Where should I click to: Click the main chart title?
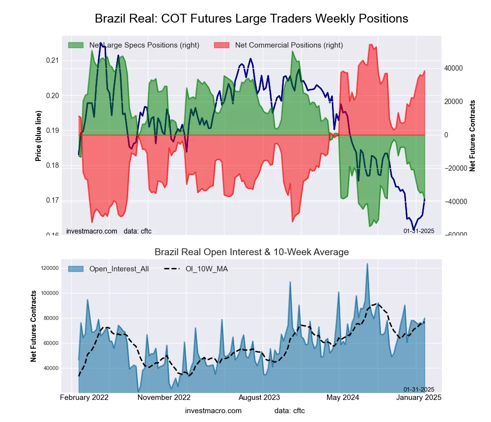[x=251, y=19]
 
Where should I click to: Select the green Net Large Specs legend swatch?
[x=76, y=45]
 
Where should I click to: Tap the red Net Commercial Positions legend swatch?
[x=221, y=45]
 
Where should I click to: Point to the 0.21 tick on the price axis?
[x=52, y=60]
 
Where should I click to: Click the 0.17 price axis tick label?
[x=52, y=200]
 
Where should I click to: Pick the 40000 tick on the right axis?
[x=454, y=68]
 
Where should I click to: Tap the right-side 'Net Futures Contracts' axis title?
[x=472, y=135]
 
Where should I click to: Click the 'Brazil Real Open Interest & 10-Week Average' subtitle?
[x=251, y=252]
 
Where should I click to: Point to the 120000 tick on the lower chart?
[x=50, y=268]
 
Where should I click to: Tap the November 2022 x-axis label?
[x=164, y=397]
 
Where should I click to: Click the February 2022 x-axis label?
[x=84, y=397]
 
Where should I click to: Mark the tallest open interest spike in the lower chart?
[x=367, y=264]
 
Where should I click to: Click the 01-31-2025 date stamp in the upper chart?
[x=419, y=231]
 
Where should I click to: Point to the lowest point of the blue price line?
[x=414, y=229]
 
